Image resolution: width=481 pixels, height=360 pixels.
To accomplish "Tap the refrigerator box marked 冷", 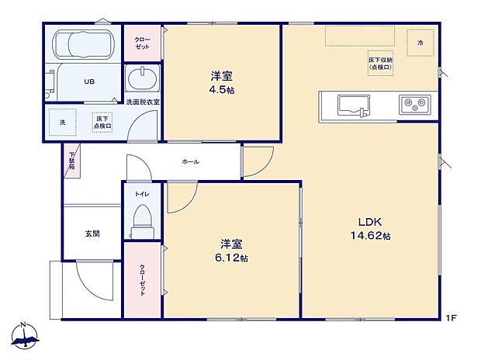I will pos(420,40).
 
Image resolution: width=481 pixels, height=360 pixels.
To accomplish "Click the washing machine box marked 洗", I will pos(62,122).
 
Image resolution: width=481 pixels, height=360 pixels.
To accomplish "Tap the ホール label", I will pos(190,161).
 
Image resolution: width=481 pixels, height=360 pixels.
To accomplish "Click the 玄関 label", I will pos(92,234).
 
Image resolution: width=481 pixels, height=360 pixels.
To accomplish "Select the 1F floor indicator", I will pos(451,317).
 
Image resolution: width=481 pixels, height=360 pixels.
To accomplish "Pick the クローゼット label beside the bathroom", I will pos(143,43).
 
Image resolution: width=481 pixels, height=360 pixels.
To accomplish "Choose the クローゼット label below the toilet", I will pos(143,279).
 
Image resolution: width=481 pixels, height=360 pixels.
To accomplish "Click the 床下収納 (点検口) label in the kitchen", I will pos(380,63).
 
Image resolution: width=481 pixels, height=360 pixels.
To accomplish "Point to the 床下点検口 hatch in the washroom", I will pos(102,123).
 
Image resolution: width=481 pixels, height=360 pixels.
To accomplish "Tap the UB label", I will pos(89,80).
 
